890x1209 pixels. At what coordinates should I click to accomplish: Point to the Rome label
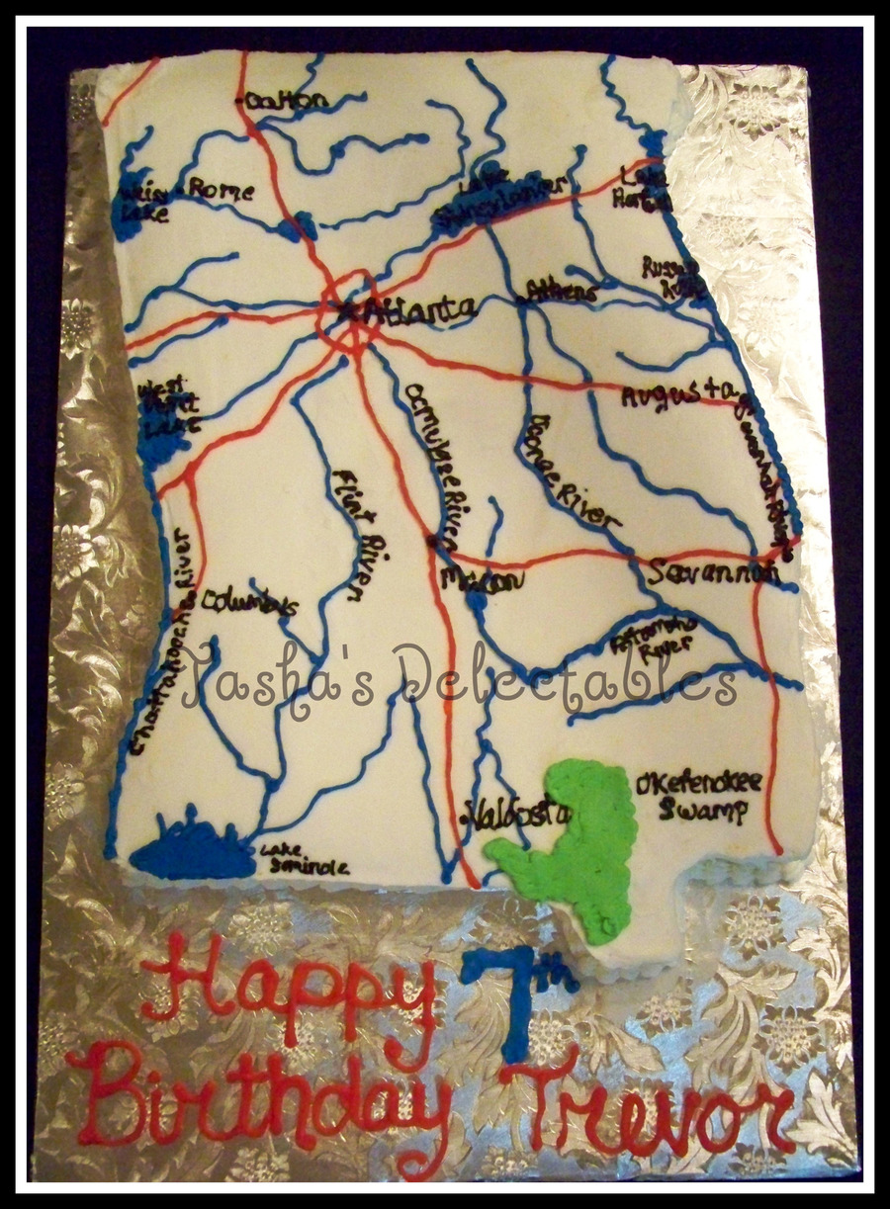222,189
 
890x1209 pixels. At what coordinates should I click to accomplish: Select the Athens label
562,291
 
